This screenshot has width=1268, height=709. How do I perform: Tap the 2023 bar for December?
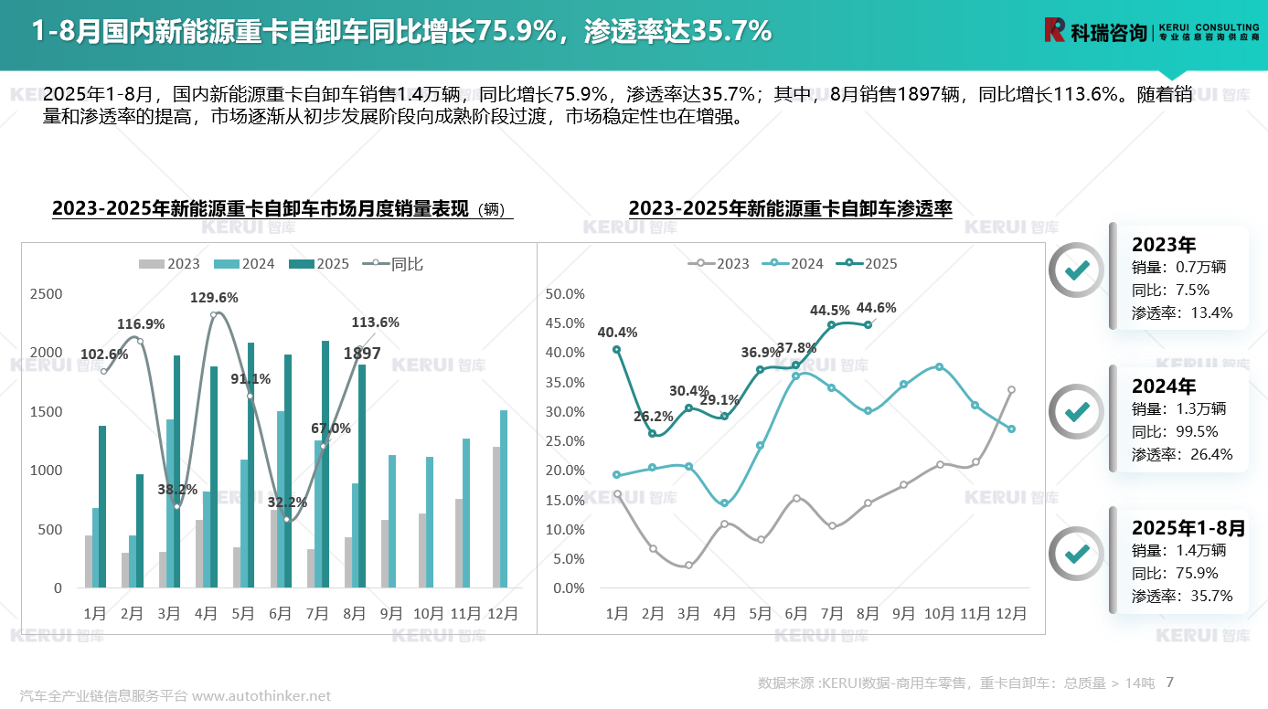click(496, 517)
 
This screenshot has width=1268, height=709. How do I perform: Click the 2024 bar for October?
click(430, 522)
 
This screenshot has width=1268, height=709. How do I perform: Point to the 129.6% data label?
click(214, 298)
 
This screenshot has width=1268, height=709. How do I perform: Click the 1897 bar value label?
click(362, 354)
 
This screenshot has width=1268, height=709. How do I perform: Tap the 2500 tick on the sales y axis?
click(47, 294)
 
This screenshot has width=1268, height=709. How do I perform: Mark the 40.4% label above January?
click(617, 333)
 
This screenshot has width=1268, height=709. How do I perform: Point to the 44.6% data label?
click(877, 308)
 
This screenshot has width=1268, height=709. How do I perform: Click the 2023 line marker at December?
click(1011, 390)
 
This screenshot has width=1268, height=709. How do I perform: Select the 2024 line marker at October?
click(939, 367)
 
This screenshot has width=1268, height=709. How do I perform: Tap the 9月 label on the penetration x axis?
click(903, 614)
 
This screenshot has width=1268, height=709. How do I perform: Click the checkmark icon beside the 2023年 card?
click(1076, 270)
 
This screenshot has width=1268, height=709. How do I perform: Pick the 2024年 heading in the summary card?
click(1163, 386)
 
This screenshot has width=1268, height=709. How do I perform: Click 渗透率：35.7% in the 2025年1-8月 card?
click(1181, 597)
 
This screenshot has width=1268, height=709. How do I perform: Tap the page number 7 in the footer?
click(1170, 683)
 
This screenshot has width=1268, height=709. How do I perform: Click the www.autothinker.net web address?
click(261, 696)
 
